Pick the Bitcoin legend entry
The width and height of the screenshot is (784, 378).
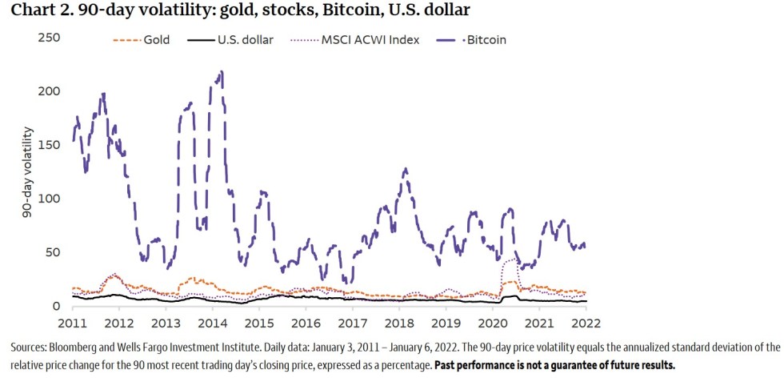point(485,39)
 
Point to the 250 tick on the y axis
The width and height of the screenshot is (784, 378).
point(49,38)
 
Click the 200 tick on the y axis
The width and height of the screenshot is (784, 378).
point(49,91)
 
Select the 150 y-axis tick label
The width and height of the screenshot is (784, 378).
point(49,145)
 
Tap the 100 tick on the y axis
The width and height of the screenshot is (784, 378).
point(49,199)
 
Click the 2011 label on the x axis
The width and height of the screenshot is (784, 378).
point(73,322)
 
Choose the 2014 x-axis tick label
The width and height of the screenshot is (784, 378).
point(211,322)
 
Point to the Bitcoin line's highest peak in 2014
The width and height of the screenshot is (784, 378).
point(221,71)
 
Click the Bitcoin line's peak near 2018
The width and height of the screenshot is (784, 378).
point(406,169)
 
